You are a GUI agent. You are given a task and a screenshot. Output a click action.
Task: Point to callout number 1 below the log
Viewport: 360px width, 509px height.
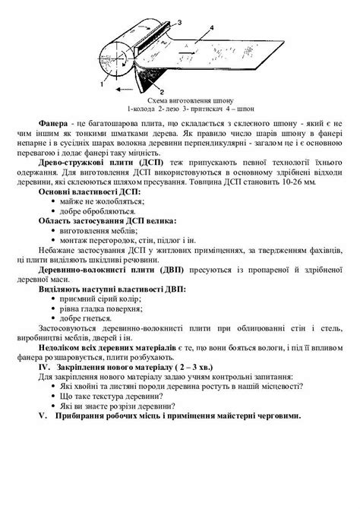click(104, 77)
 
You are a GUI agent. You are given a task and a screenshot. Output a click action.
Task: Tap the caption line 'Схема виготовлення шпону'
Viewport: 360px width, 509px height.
click(180, 100)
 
